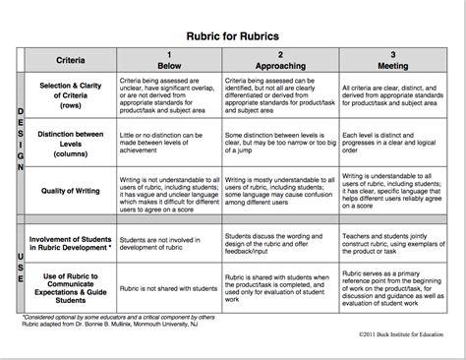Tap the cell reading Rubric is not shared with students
[x=167, y=291]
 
